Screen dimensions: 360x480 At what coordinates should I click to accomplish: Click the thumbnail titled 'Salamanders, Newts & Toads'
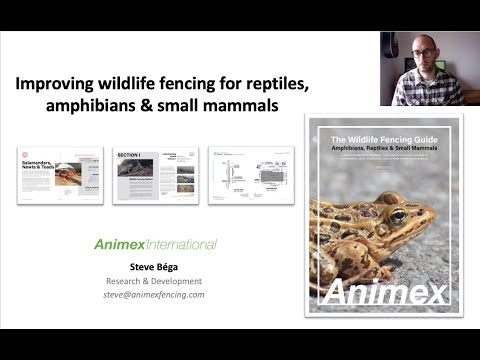click(x=60, y=175)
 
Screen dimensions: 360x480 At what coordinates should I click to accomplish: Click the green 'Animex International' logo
click(x=155, y=244)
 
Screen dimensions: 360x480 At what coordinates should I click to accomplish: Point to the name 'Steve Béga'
click(x=155, y=267)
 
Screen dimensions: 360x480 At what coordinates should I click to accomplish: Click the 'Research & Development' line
click(x=155, y=281)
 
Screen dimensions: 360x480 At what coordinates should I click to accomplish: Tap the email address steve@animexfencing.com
click(x=155, y=295)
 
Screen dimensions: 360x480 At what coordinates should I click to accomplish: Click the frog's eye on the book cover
click(x=398, y=215)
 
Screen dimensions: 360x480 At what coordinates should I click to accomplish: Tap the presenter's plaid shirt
click(x=425, y=90)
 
